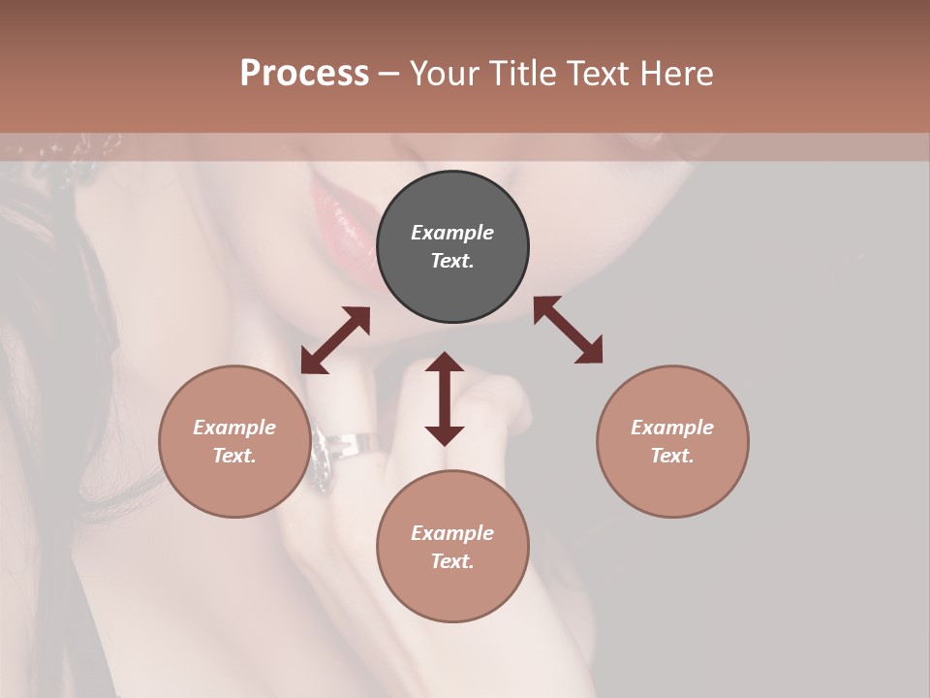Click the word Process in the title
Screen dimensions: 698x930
tap(304, 74)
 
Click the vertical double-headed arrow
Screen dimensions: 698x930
tap(445, 398)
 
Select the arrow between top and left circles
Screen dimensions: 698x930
tap(335, 340)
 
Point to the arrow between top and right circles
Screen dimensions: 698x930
tap(569, 330)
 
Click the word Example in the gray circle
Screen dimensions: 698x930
tap(452, 233)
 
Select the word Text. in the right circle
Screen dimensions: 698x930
tap(672, 456)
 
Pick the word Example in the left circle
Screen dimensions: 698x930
tap(234, 428)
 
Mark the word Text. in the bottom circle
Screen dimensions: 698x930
tap(452, 561)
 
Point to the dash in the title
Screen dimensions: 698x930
tap(388, 75)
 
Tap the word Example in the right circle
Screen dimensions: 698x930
tap(672, 428)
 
